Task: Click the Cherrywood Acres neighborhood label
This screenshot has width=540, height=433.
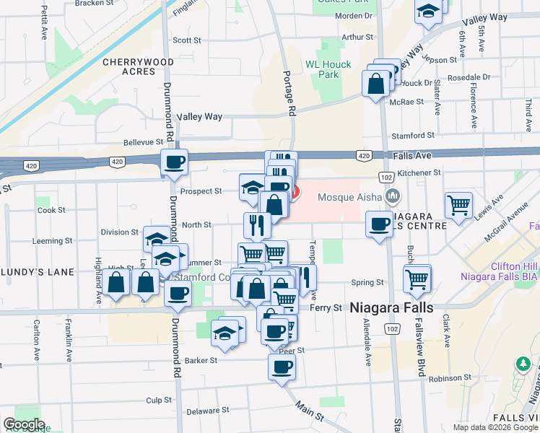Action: pos(138,66)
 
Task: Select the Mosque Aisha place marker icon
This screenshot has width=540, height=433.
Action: pos(393,196)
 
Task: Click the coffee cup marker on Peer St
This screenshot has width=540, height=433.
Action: pos(282,365)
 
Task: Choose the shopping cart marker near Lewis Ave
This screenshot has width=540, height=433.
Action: pos(459,205)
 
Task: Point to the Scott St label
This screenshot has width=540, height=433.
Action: pos(186,41)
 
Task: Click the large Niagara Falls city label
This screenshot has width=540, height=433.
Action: pos(391,307)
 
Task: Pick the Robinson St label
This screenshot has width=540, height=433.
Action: pos(448,378)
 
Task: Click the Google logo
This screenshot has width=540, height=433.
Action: pos(24,424)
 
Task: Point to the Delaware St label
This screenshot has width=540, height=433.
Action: pos(202,411)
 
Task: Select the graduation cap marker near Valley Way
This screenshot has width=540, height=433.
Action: pos(428,10)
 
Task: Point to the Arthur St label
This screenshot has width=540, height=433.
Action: pos(357,37)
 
